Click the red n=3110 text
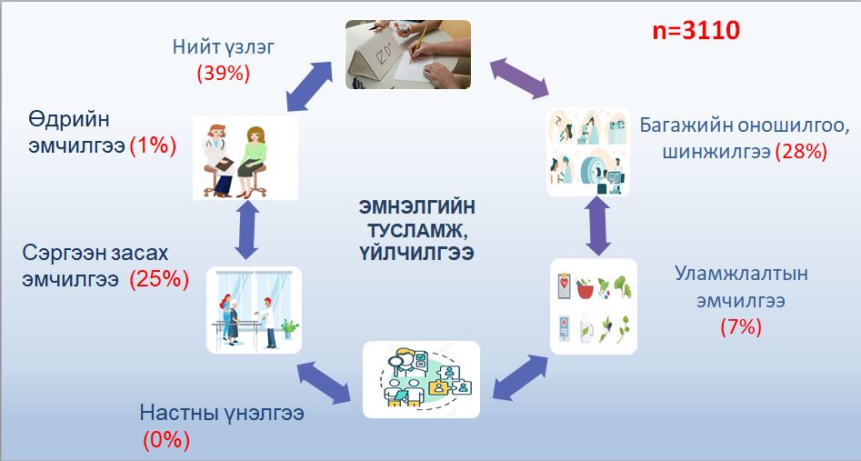[696, 30]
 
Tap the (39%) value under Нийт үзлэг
[224, 73]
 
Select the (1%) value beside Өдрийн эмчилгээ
[153, 146]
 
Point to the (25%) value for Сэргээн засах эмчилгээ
[159, 279]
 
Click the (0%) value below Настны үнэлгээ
[166, 440]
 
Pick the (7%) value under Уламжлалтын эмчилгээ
[741, 327]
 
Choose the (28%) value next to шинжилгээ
[801, 151]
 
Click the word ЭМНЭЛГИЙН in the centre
[417, 207]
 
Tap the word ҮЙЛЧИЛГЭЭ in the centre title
[417, 254]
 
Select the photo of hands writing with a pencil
[408, 55]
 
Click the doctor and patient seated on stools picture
[245, 157]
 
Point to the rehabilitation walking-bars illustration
[255, 310]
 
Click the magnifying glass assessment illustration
[421, 380]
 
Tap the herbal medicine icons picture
[594, 306]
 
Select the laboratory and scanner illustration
[588, 152]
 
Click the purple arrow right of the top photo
[519, 78]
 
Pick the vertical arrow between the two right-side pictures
[598, 226]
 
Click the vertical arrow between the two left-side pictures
[246, 230]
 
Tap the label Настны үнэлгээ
[222, 413]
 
